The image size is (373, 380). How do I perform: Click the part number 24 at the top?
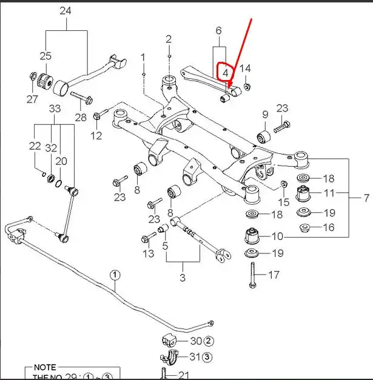tap(66, 11)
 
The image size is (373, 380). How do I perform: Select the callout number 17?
tap(274, 275)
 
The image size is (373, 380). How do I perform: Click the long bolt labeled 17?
tap(251, 275)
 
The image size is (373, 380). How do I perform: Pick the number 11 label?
tap(329, 194)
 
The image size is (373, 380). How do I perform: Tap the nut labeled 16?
tap(306, 228)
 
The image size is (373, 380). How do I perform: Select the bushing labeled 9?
tap(264, 136)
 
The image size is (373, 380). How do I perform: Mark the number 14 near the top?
tap(245, 68)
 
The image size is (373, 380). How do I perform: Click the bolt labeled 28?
tap(81, 96)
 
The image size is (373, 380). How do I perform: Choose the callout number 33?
tap(55, 110)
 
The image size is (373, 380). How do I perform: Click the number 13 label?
tap(149, 253)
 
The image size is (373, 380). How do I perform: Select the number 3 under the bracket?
tap(183, 278)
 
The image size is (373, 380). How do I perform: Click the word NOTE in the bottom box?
tap(44, 368)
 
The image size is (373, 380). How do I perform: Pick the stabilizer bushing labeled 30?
tap(168, 340)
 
